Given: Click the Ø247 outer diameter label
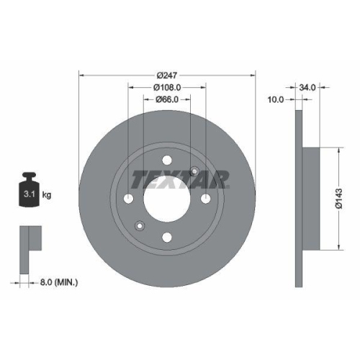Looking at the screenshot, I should coord(167,73).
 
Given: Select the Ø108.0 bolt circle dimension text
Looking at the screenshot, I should coord(167,87).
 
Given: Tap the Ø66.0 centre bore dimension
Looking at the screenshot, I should coord(167,101).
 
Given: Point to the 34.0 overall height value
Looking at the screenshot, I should coord(307,87).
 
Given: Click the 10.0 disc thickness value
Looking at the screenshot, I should coord(276,100).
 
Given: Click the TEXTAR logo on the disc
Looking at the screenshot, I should coord(180,178).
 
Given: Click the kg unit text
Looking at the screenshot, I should coord(47,194).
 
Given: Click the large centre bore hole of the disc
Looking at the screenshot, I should coord(167,199).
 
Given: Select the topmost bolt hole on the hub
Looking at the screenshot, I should coord(167,161).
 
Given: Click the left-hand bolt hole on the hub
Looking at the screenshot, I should coord(129,199).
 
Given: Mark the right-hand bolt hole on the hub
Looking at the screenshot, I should coord(205,199).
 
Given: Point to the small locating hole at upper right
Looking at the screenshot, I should coord(194,171).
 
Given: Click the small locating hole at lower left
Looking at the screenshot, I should coord(140,228).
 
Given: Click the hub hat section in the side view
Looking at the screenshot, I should coord(311,199).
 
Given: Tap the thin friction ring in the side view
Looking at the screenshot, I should coord(298,199).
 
